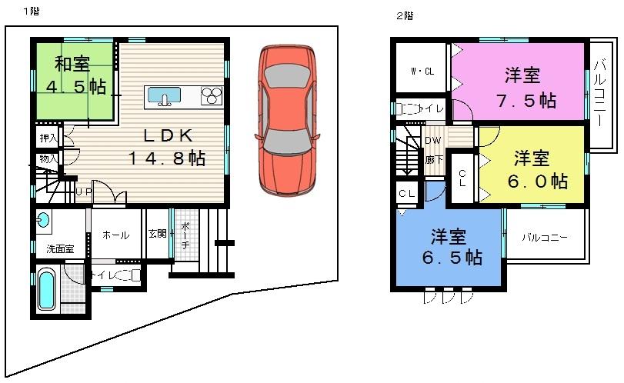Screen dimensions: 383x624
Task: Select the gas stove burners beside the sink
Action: click(x=211, y=96)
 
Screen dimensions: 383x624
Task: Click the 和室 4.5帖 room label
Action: click(x=74, y=76)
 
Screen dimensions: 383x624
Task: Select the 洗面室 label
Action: click(x=59, y=248)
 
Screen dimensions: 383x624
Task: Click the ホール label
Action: click(x=115, y=235)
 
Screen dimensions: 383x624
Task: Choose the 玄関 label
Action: click(x=157, y=234)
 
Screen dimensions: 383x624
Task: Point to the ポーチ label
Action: click(x=185, y=235)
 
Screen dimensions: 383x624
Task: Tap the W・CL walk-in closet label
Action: click(x=421, y=72)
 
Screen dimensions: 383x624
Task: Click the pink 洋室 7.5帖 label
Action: click(x=522, y=88)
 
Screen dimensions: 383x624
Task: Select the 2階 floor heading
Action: click(x=404, y=15)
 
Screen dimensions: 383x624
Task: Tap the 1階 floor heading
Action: click(x=31, y=11)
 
